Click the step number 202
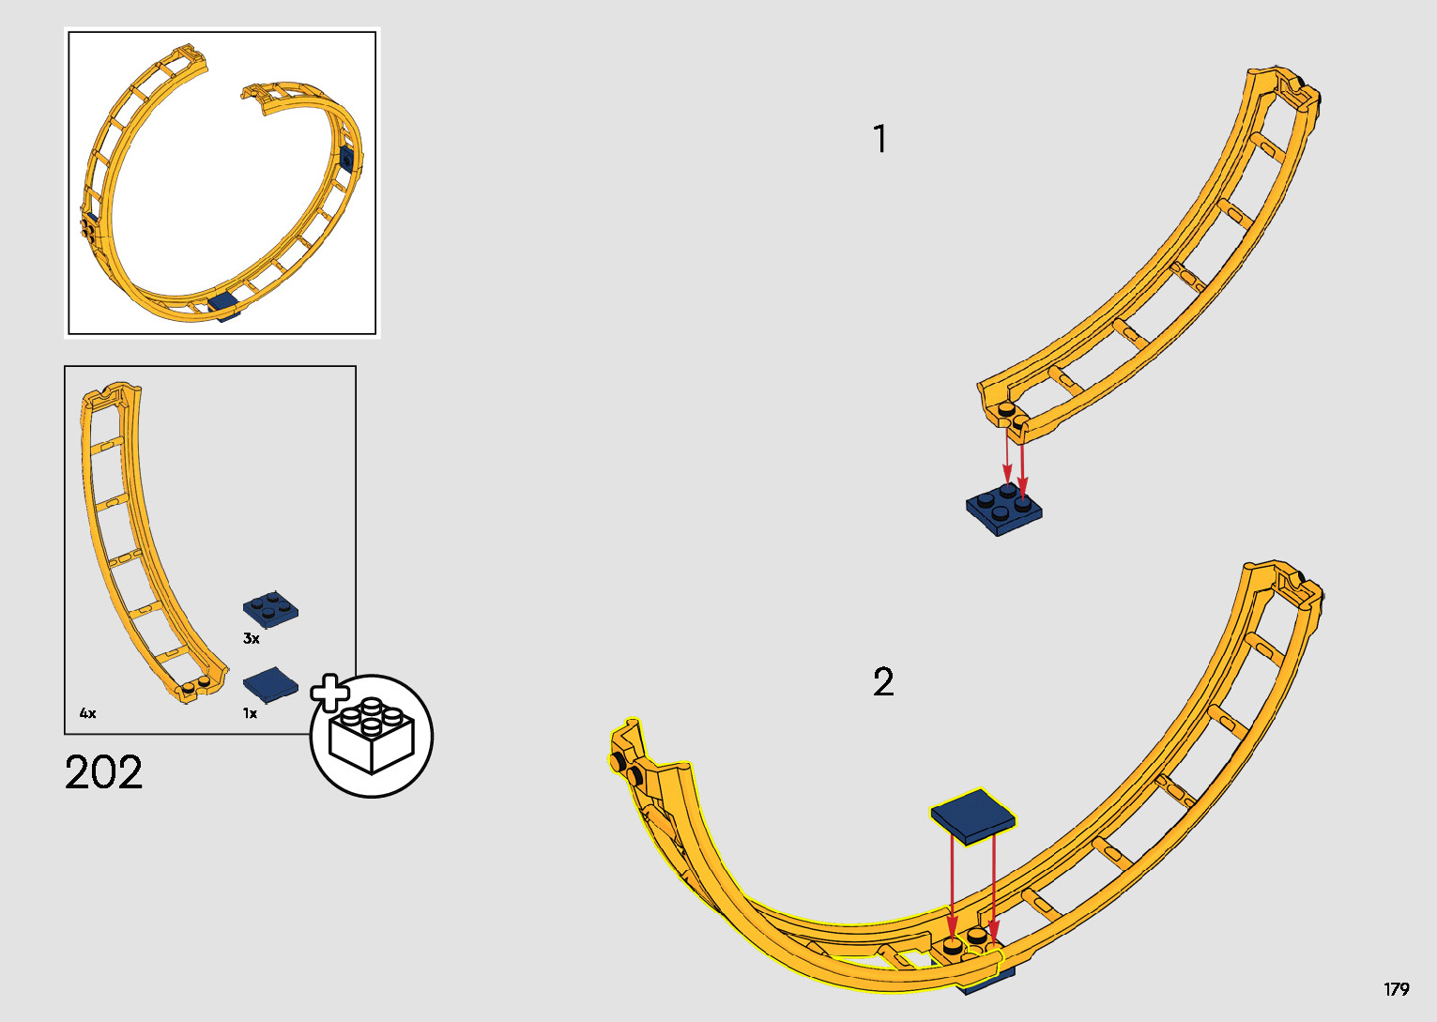(104, 772)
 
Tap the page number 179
(1396, 989)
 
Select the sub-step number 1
(879, 140)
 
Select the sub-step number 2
(883, 682)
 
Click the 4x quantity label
(87, 713)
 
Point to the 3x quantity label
(251, 638)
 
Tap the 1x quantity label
(250, 713)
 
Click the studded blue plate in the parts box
(271, 608)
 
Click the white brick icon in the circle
(372, 737)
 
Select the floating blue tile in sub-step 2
(972, 813)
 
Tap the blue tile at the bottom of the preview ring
(223, 304)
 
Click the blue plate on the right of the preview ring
(348, 158)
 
